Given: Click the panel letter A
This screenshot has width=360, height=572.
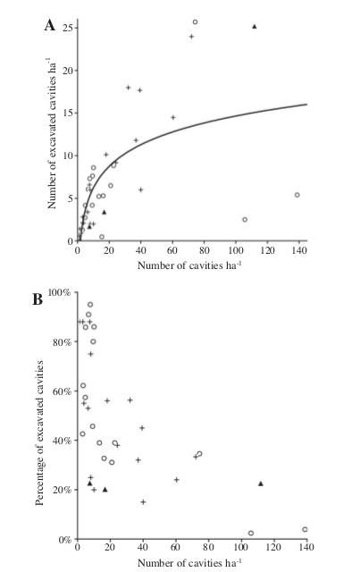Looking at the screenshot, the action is pos(50,26).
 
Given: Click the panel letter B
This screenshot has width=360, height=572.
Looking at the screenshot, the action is pos(38,299).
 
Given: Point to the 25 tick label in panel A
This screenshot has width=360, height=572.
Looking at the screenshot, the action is pos(67,28).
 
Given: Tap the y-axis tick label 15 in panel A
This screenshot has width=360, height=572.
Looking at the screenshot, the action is pos(67,114).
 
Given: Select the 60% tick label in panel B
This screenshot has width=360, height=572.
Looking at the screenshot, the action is pos(63,391).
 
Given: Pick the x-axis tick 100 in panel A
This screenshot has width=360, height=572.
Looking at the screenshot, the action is pos(236,250).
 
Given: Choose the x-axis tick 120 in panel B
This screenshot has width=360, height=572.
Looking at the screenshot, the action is pos(273,547).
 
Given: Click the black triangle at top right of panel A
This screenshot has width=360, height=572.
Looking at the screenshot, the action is pos(255,26).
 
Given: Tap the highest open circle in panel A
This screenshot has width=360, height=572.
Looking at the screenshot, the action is pos(195,21).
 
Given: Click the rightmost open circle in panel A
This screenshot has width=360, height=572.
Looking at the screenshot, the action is pos(297,195).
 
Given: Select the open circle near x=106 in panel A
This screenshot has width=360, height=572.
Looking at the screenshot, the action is pos(245,220).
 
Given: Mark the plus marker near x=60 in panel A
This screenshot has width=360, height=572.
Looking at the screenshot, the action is pos(173,117).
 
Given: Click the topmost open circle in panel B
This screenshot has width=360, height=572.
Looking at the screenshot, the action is pos(90,305).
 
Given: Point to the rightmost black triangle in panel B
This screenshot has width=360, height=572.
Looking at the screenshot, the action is pos(261,484).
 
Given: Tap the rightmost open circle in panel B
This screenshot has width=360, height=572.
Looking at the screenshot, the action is pos(305,529).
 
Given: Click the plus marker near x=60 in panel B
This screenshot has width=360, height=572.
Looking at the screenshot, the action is pos(177,480).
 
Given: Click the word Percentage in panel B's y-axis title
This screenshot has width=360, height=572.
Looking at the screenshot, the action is pos(39,481).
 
